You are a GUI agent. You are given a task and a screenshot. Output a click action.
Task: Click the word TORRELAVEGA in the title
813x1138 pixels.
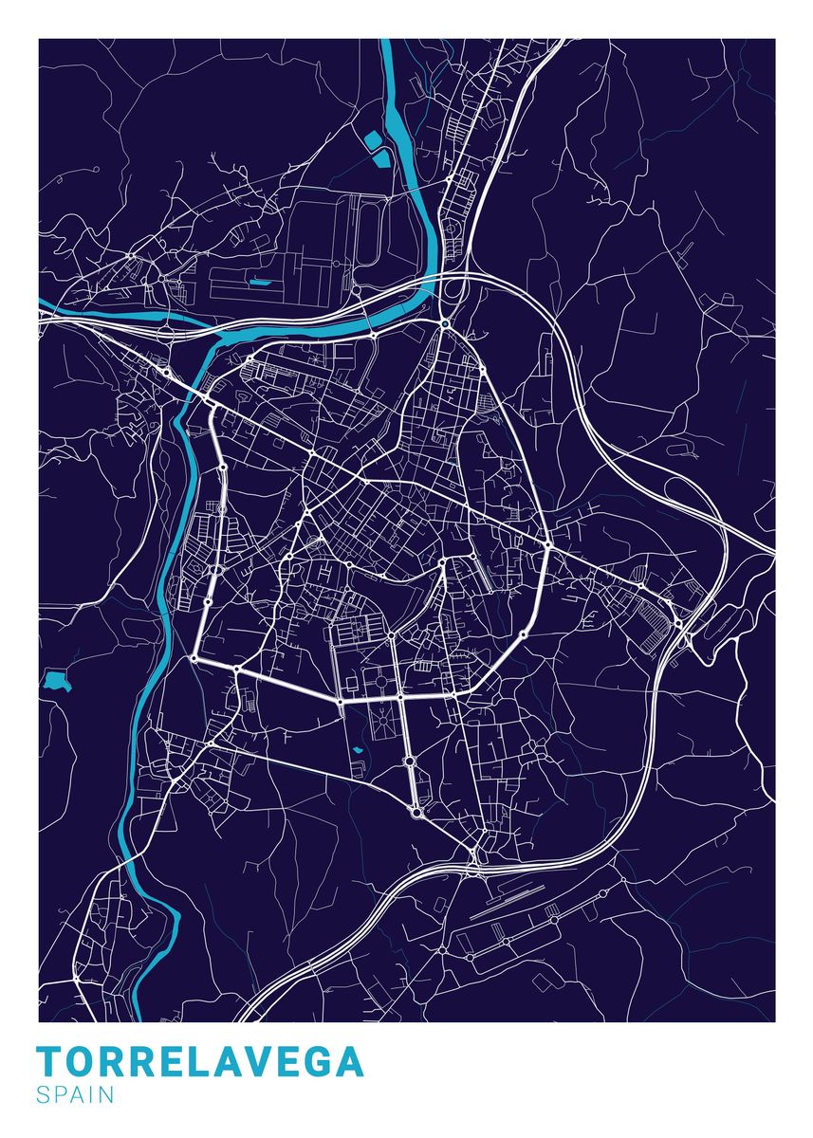[200, 1062]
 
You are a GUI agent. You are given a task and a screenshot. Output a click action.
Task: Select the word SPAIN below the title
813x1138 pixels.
[75, 1095]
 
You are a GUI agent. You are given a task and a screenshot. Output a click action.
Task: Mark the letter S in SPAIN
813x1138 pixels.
[43, 1095]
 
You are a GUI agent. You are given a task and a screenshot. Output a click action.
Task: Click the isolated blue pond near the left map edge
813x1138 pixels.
[57, 680]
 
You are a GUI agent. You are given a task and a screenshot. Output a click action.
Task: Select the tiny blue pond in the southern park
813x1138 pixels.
[358, 751]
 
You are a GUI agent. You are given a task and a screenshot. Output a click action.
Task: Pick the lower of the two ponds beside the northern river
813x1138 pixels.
[381, 157]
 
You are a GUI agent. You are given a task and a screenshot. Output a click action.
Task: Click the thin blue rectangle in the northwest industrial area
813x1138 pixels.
[259, 282]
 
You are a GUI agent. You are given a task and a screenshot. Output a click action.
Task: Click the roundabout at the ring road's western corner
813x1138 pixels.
[194, 656]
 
